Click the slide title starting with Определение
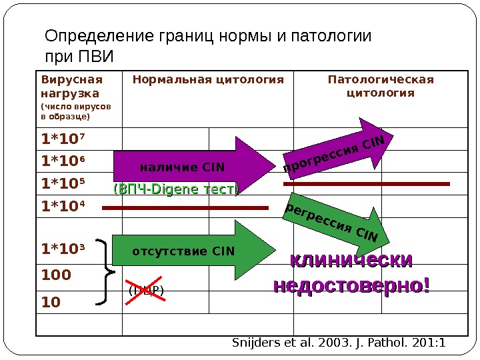pos(207,45)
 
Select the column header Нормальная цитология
pos(208,81)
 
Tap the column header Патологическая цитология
pos(381,87)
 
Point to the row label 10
pos(50,301)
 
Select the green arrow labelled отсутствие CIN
pos(193,251)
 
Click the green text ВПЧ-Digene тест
pos(176,190)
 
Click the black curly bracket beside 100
pos(107,272)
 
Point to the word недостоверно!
pos(351,285)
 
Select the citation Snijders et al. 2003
pos(339,343)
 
